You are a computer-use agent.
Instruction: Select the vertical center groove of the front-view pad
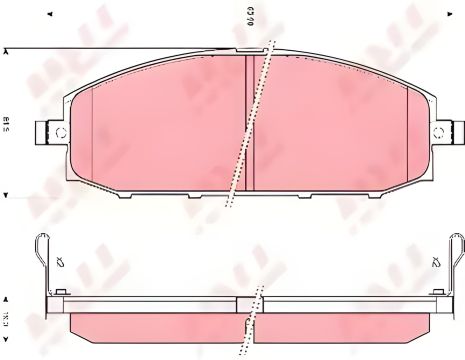pos(248,120)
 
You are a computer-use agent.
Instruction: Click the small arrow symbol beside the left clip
pos(62,263)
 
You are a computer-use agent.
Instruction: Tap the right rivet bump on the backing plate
pos(436,292)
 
